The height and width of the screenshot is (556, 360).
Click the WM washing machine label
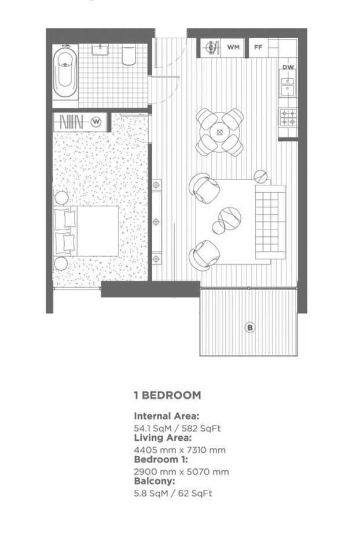tap(233, 47)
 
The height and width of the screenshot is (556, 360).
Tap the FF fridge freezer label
tap(258, 47)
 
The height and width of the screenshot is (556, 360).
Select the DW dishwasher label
tap(288, 67)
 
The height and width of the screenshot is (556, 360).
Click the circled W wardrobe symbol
tap(96, 122)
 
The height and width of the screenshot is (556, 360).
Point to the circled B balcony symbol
tap(250, 327)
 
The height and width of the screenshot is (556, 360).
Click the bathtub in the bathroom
tap(65, 72)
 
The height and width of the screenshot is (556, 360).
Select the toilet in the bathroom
tap(128, 56)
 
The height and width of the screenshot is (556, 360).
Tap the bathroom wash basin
tap(101, 49)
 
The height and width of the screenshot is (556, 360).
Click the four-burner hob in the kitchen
tap(288, 118)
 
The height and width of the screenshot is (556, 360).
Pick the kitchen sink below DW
tap(288, 83)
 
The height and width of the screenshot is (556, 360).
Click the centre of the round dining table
tap(220, 132)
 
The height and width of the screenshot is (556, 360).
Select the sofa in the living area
tap(270, 222)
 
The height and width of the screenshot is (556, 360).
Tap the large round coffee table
tap(230, 218)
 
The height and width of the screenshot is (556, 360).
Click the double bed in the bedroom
tap(86, 231)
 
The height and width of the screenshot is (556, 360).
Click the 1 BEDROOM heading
tap(168, 396)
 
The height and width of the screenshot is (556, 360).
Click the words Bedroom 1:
tap(161, 460)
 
